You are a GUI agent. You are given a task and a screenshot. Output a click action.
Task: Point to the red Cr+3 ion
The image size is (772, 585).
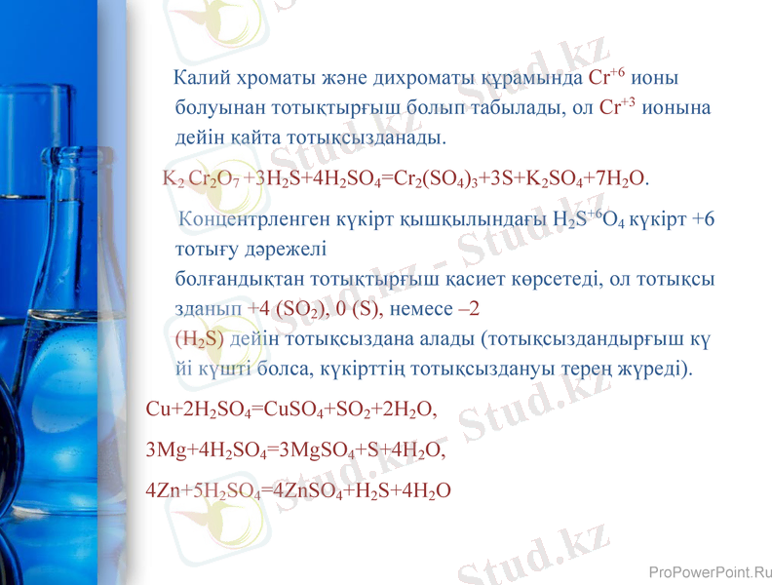(617, 107)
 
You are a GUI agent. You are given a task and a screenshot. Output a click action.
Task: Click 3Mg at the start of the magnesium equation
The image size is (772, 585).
(161, 451)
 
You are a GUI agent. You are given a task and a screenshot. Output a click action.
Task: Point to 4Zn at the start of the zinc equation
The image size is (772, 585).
(161, 489)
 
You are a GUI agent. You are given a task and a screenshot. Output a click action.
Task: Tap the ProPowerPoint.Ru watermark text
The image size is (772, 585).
(709, 572)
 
